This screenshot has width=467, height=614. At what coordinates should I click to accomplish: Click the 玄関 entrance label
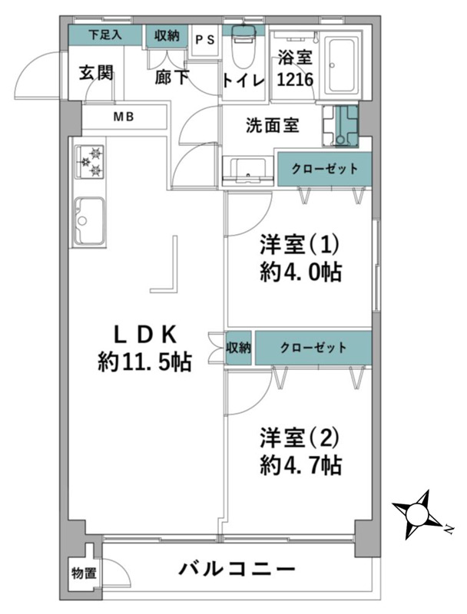tap(96, 73)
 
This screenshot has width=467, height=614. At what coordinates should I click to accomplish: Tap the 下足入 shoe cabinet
tap(105, 35)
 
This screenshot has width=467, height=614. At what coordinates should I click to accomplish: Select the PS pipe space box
tap(205, 41)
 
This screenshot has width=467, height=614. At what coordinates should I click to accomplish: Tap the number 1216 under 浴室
tap(296, 80)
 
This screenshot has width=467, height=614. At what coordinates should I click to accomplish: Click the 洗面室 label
tap(272, 125)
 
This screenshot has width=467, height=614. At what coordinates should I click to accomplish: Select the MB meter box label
tap(124, 117)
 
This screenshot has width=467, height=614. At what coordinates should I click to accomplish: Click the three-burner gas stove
tap(90, 162)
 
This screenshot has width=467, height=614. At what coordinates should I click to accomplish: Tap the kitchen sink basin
tap(90, 220)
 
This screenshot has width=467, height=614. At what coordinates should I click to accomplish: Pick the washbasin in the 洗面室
tap(247, 170)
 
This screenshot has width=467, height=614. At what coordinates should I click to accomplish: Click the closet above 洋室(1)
tap(324, 169)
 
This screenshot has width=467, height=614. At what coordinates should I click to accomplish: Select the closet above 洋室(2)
tap(313, 348)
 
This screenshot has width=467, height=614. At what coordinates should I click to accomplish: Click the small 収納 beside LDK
tap(239, 348)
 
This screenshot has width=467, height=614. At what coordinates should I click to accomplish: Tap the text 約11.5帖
tap(144, 362)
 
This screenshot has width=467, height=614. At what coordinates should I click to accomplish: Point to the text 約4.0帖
tap(301, 272)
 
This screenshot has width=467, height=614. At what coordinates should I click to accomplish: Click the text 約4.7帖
tap(301, 466)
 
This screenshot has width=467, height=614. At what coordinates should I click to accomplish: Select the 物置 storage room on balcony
tap(83, 573)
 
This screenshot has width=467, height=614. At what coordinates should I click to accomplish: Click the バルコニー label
tap(237, 569)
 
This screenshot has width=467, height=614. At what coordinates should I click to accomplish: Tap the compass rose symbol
tap(417, 513)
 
